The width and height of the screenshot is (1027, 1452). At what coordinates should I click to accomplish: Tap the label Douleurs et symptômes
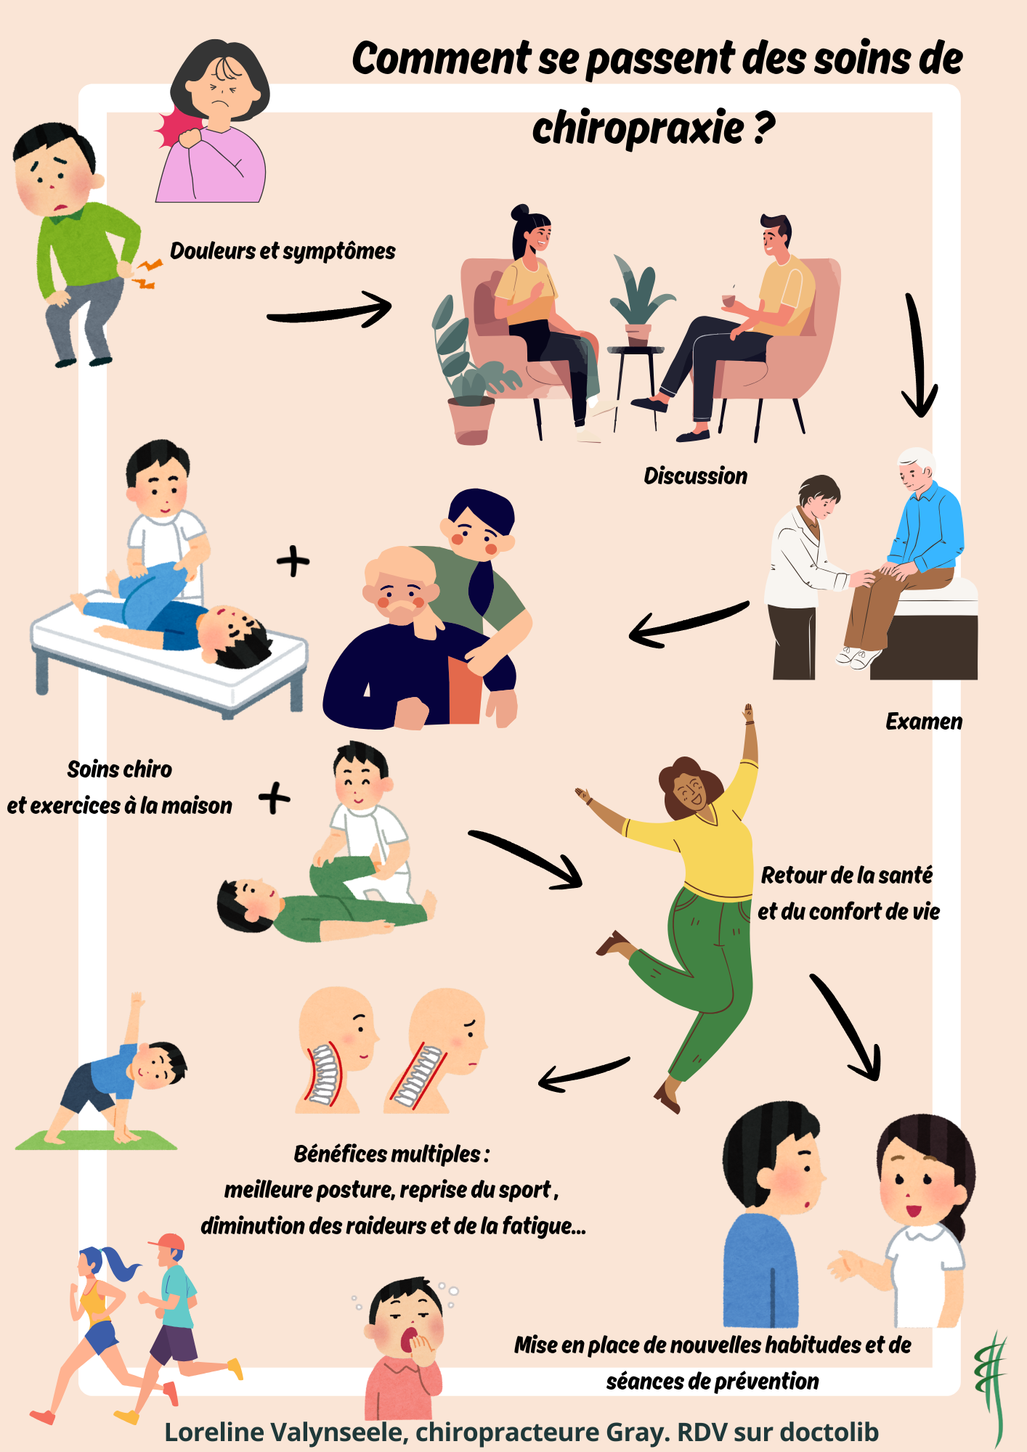click(x=283, y=251)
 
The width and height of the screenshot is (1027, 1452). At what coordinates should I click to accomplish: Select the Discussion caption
click(x=695, y=476)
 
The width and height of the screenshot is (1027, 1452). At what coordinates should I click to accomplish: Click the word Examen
click(x=923, y=722)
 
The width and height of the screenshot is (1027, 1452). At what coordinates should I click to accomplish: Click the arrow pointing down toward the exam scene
click(x=918, y=356)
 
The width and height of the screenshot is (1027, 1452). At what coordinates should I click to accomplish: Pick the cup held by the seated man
click(x=728, y=300)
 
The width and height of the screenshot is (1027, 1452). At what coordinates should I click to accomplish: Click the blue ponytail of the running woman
click(x=120, y=1263)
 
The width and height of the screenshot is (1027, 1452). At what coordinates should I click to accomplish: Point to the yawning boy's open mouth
click(x=410, y=1338)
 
